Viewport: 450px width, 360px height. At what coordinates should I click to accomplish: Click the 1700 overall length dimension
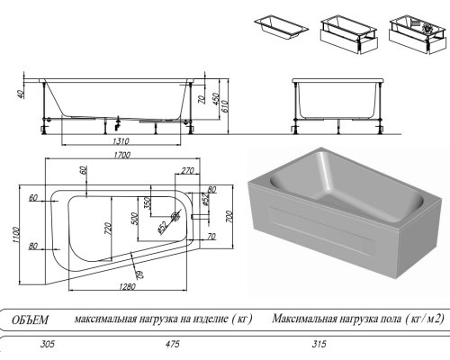coord(122,155)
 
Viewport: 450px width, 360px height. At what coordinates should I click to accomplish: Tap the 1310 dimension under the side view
coord(121,140)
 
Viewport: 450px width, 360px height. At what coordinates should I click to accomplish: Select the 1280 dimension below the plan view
coord(127,286)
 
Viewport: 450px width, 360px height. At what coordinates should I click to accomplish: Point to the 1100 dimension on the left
coord(16,235)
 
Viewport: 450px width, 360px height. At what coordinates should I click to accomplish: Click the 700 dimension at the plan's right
coord(229,216)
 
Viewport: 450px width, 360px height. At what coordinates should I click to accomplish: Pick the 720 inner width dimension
coord(108,229)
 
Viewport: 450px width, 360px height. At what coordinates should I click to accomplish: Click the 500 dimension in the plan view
coord(135,219)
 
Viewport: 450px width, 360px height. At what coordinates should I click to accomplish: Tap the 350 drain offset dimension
coord(147,203)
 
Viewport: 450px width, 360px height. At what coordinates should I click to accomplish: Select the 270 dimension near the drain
coord(188,171)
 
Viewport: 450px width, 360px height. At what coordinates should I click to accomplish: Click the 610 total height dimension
coord(225,106)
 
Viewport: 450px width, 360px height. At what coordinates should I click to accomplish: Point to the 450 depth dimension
coord(215,99)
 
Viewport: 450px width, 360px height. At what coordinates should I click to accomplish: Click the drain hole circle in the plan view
coord(175,216)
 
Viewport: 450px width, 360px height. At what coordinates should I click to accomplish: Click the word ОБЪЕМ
coord(30,320)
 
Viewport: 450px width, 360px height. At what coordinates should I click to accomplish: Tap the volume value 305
coord(48,344)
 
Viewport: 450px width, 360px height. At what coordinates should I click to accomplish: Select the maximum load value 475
coord(173,344)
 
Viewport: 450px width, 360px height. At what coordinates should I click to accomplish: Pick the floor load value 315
coord(319,344)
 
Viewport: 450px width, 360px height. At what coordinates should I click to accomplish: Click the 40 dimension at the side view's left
coord(21,94)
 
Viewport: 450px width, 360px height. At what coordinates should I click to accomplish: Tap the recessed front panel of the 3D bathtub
coord(321,230)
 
